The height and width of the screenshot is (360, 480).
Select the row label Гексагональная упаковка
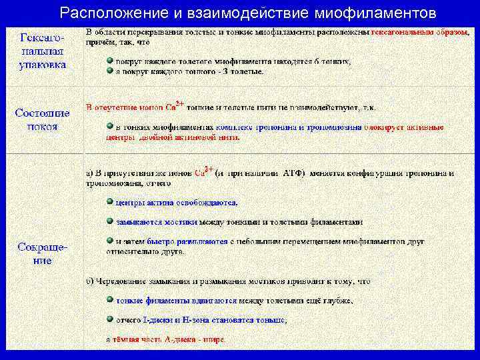(x=41, y=50)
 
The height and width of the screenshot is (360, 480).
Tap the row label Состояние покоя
(x=42, y=119)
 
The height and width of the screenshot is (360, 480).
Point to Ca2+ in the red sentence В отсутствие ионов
(x=175, y=105)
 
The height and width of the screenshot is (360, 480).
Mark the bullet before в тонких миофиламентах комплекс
(x=110, y=126)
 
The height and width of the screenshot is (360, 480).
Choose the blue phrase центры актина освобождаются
(x=176, y=202)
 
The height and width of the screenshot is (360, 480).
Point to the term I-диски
(x=157, y=320)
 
